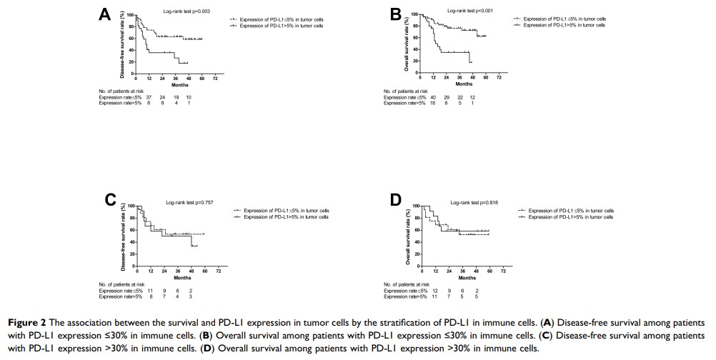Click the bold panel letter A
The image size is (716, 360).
pos(105,15)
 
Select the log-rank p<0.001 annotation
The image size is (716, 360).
pos(469,11)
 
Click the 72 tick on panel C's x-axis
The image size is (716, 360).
pos(219,272)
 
